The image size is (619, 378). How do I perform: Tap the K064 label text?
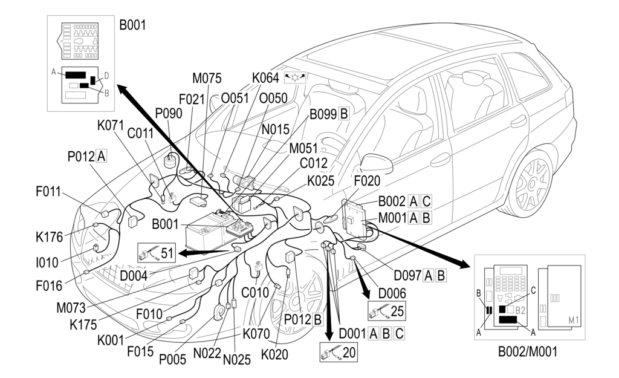tap(265, 78)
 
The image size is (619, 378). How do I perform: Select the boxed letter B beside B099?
tap(344, 113)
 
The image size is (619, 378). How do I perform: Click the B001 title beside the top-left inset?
tap(132, 25)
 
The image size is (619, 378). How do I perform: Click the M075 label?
tap(207, 79)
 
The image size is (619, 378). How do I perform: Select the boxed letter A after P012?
tap(101, 157)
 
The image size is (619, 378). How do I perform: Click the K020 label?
tap(276, 355)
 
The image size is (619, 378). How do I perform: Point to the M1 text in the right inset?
tap(572, 319)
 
